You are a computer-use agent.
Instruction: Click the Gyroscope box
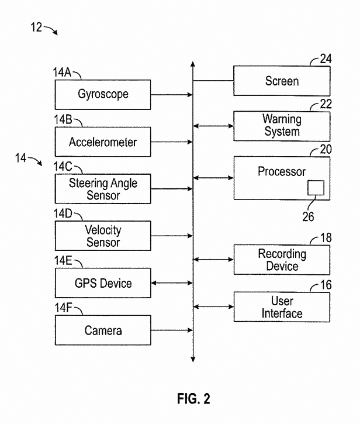click(x=103, y=94)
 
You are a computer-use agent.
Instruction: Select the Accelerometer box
click(x=103, y=142)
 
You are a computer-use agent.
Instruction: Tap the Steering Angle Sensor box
click(x=103, y=189)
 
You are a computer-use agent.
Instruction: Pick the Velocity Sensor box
click(x=103, y=236)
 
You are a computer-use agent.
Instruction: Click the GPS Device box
click(x=103, y=284)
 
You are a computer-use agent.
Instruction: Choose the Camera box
click(x=103, y=330)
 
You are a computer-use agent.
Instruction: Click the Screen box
click(x=282, y=81)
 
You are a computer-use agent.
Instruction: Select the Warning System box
click(x=282, y=125)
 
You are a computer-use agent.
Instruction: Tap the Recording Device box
click(x=282, y=260)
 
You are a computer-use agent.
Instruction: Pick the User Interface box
click(x=282, y=307)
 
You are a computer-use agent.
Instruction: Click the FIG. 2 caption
click(x=193, y=399)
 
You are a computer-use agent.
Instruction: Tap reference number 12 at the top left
click(x=36, y=27)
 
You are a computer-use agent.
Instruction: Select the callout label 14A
click(x=62, y=73)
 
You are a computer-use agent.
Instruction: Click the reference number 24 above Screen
click(x=326, y=58)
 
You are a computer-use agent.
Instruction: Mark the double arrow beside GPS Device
click(x=172, y=284)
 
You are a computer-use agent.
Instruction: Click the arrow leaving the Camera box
click(x=172, y=330)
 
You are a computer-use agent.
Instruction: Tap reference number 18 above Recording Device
click(x=326, y=239)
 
